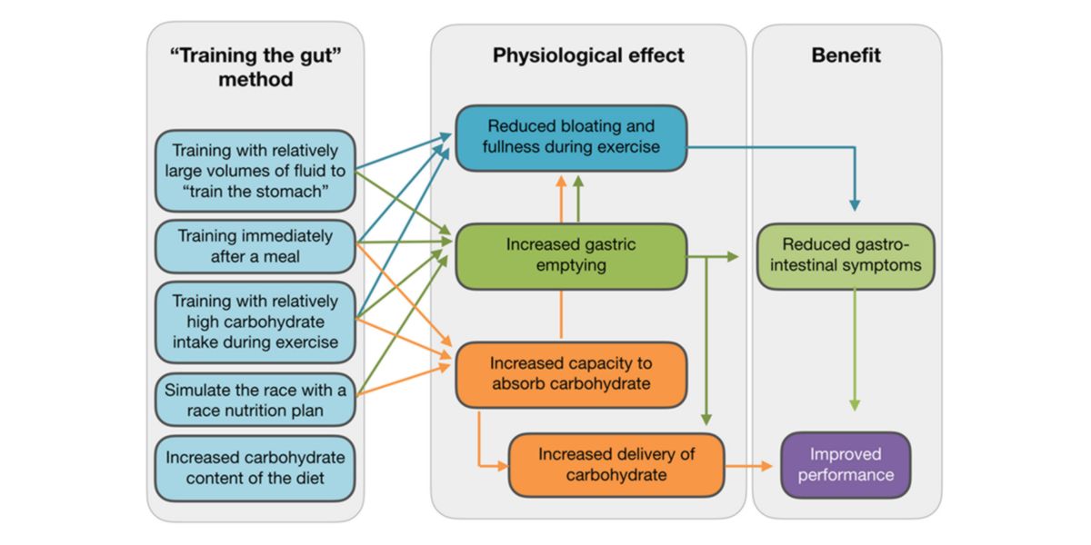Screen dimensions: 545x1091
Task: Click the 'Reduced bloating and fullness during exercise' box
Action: (571, 137)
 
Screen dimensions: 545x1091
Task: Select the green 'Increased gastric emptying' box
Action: (571, 255)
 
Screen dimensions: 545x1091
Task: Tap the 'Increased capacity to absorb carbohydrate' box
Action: (571, 373)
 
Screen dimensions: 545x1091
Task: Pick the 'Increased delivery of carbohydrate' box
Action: (616, 464)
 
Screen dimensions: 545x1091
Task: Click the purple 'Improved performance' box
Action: (846, 464)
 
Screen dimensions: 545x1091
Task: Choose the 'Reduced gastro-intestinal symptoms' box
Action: (846, 255)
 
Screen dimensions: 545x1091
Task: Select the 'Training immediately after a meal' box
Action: (255, 246)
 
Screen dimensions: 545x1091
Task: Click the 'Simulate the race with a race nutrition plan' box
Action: (255, 401)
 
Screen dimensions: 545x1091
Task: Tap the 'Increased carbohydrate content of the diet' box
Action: (255, 469)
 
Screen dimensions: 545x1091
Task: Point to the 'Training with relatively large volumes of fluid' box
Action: (255, 169)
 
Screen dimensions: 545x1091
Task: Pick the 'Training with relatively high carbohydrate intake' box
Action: (255, 322)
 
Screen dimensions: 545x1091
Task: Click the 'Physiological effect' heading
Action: (588, 56)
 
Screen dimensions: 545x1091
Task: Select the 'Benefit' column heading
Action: (846, 56)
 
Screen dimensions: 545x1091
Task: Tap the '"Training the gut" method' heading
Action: (255, 67)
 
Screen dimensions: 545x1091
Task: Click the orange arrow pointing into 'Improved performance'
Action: (750, 466)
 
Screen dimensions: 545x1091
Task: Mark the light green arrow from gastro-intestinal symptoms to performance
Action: (854, 354)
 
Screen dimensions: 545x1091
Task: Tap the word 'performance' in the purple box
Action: (846, 475)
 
